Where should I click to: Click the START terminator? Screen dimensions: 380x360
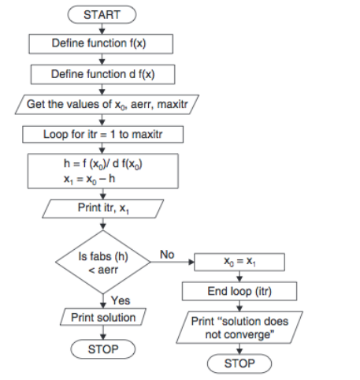point(102,15)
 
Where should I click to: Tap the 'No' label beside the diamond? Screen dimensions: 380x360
point(166,255)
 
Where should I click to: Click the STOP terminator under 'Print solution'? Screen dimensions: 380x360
point(102,348)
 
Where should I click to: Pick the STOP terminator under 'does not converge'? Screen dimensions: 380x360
point(239,363)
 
